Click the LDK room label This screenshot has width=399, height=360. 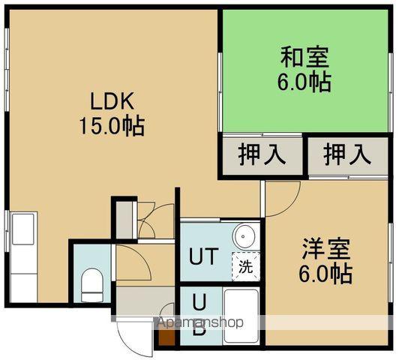[112, 100]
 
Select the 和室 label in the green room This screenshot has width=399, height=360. [304, 57]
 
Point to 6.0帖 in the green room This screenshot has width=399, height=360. [304, 81]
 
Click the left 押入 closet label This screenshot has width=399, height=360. [262, 155]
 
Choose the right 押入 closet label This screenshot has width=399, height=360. [347, 155]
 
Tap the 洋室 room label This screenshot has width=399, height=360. [327, 248]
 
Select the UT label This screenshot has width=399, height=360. [202, 256]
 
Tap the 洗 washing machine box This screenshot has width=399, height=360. [245, 264]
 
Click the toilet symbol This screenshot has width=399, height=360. [90, 283]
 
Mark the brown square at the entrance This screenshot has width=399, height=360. [165, 340]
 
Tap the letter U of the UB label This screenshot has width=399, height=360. [199, 302]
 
